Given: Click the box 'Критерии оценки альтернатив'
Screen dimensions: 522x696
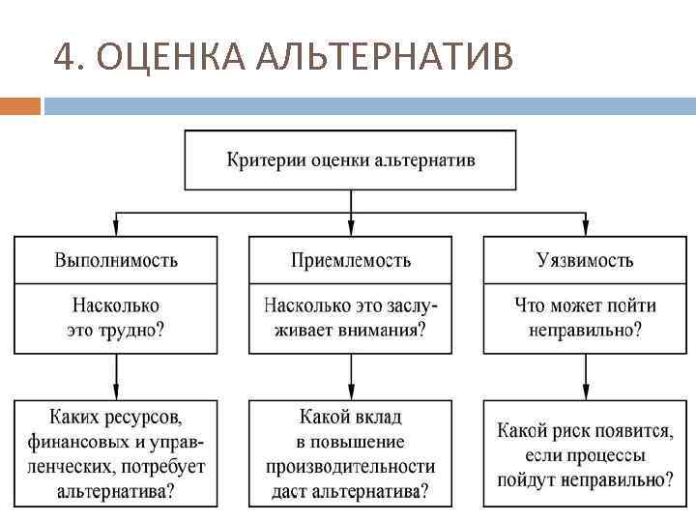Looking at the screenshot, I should (351, 159).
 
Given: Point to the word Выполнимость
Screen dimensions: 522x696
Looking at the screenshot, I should (116, 260).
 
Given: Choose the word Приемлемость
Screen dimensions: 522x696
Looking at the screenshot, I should (351, 260).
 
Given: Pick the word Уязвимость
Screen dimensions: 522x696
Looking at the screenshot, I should (585, 260).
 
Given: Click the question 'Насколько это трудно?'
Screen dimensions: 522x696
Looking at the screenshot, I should (116, 317).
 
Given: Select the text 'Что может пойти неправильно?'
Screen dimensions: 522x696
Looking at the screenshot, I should (585, 317).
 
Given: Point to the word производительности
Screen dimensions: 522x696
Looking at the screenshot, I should (351, 467).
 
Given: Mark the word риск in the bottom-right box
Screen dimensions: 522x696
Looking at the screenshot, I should (571, 430).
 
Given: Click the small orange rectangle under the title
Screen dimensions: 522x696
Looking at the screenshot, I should (20, 104).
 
